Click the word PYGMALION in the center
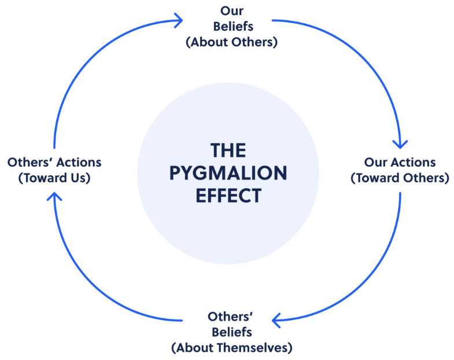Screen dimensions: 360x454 coord(228,173)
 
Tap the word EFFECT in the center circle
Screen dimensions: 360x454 coord(228,195)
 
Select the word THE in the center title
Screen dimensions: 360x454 coord(228,150)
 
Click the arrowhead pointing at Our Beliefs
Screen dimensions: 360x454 coord(178,20)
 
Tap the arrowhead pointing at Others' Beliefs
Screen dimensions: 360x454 coord(278,319)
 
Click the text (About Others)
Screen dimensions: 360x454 coord(231,42)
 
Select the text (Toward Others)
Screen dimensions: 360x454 coord(400,178)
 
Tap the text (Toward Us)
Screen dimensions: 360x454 coord(54,178)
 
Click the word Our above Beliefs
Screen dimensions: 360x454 coord(231,10)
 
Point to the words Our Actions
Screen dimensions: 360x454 coord(400,163)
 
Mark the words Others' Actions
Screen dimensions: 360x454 coord(54,162)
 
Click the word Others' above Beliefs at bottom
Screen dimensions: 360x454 coord(231,317)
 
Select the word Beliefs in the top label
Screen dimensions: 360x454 coord(231,27)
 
